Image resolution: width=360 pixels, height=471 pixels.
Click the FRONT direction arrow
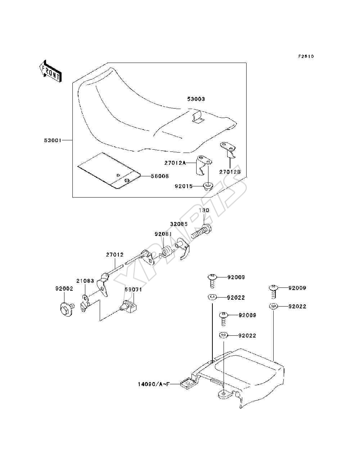pos(50,71)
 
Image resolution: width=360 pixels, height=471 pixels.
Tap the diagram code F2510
pos(306,56)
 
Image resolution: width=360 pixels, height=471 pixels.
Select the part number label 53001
pos(53,141)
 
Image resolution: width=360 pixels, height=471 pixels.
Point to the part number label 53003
pos(196,99)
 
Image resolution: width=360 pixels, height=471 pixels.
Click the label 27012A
pos(175,163)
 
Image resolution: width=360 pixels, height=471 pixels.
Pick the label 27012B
pos(230,172)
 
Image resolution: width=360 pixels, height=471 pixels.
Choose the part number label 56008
pos(160,176)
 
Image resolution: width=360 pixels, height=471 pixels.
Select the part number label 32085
pos(179,224)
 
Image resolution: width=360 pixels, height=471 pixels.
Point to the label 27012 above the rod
pos(114,255)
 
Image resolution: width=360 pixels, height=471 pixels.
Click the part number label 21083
pos(85,281)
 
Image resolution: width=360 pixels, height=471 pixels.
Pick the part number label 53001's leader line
pos(67,140)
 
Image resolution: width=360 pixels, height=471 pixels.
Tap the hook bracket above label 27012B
pos(228,150)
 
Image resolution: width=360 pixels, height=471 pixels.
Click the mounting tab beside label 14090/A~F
pos(187,383)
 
